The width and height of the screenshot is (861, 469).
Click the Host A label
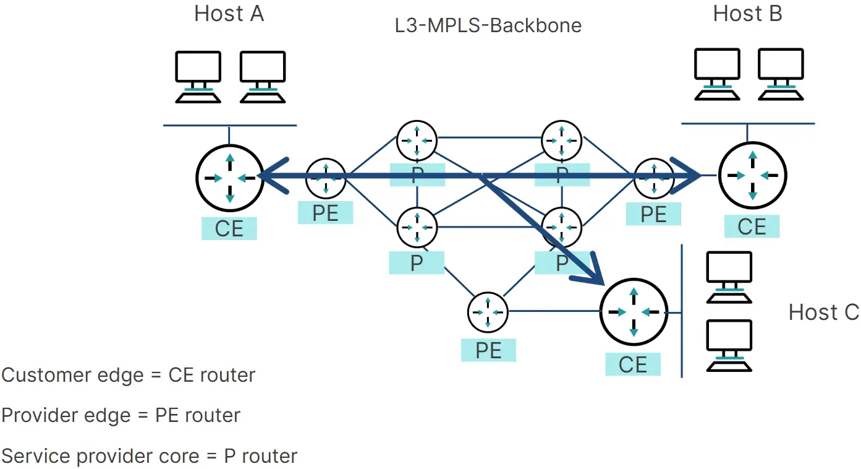tap(229, 14)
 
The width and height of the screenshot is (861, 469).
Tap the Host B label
tap(747, 14)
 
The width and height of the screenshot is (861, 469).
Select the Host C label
tap(823, 312)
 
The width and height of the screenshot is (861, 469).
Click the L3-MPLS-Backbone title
tap(488, 26)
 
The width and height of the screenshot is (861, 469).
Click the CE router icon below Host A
tap(229, 177)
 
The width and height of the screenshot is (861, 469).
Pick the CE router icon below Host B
tap(752, 176)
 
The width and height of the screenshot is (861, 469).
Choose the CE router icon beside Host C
tap(634, 312)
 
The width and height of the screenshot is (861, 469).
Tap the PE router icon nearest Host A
tap(325, 178)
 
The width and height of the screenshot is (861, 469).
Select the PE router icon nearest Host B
tap(653, 178)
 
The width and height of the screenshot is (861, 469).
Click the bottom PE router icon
tap(488, 312)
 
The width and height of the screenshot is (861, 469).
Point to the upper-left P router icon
tap(417, 140)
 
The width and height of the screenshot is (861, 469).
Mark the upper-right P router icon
tap(561, 140)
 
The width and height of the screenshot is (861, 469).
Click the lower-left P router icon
tap(417, 227)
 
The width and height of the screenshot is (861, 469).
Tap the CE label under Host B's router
tap(752, 226)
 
